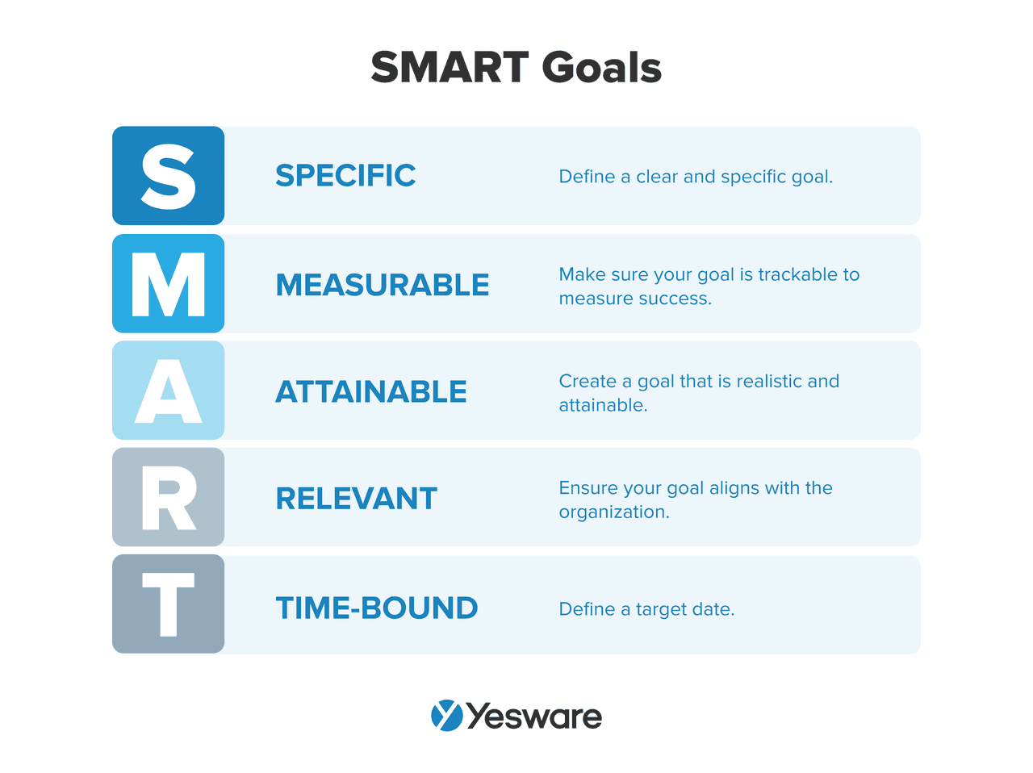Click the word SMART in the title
click(x=450, y=67)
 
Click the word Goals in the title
click(x=602, y=67)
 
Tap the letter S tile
click(x=168, y=176)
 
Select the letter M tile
click(x=168, y=284)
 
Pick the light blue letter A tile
click(x=168, y=391)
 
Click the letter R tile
click(x=168, y=497)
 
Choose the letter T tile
click(x=168, y=604)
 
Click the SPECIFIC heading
click(x=345, y=176)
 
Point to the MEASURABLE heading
click(x=383, y=285)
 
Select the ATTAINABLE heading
click(x=371, y=392)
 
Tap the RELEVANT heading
click(x=357, y=499)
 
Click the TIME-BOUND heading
click(x=377, y=608)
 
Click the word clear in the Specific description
click(x=657, y=177)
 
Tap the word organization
click(x=613, y=512)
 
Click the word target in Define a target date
click(x=661, y=610)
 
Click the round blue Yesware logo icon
click(x=447, y=716)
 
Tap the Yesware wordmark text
click(x=534, y=717)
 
